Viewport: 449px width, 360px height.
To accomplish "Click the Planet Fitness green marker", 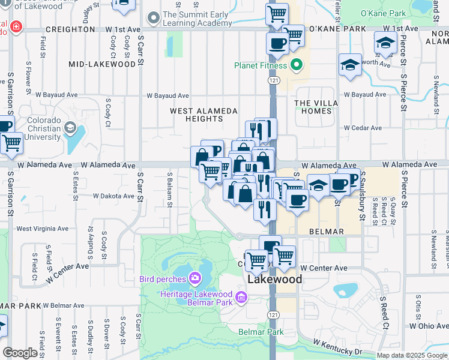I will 295,65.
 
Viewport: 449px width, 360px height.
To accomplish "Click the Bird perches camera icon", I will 194,278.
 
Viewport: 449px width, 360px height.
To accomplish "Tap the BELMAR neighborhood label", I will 326,232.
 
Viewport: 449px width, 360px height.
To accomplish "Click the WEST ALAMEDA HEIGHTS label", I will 203,115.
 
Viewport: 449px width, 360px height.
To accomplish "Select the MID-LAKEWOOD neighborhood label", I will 102,64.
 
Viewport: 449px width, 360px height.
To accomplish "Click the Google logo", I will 20,353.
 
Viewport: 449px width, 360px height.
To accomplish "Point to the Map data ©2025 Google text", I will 411,355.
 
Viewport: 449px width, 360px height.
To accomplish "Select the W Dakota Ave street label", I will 113,196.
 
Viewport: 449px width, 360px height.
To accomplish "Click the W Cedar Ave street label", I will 363,128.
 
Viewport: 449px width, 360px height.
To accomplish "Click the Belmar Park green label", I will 261,332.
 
